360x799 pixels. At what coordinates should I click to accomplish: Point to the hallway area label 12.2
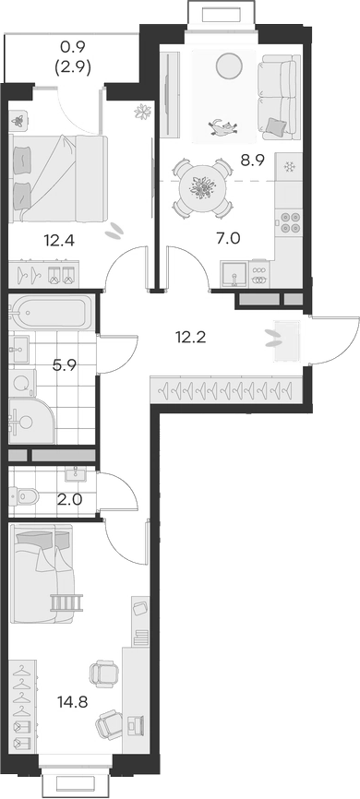pos(191,337)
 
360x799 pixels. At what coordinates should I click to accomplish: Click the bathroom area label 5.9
pos(64,364)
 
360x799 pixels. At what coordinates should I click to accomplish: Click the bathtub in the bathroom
pos(52,314)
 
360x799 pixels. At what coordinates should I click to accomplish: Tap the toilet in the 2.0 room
pos(26,497)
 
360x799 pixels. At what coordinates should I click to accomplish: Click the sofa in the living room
pos(274,96)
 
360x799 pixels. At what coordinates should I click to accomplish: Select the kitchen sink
pos(233,274)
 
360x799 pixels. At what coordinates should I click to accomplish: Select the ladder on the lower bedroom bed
pos(66,602)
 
